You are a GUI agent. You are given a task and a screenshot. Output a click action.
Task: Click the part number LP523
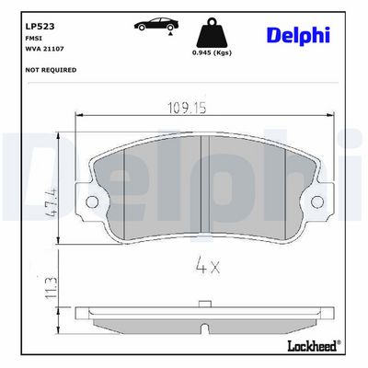(40, 27)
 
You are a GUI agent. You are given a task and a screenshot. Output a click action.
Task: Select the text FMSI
(33, 39)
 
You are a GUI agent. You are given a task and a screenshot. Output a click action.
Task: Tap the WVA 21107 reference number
(44, 49)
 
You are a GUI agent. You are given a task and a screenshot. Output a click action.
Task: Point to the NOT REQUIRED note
(51, 70)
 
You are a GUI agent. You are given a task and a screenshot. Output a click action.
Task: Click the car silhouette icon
(156, 24)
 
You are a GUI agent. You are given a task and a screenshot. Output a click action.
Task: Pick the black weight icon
(212, 33)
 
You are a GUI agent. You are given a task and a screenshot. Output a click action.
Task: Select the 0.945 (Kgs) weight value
(212, 52)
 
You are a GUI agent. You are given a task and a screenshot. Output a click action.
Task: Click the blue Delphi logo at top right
(298, 35)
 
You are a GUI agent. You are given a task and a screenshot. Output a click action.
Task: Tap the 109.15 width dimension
(187, 108)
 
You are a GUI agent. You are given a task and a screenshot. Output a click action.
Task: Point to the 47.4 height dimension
(52, 202)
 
